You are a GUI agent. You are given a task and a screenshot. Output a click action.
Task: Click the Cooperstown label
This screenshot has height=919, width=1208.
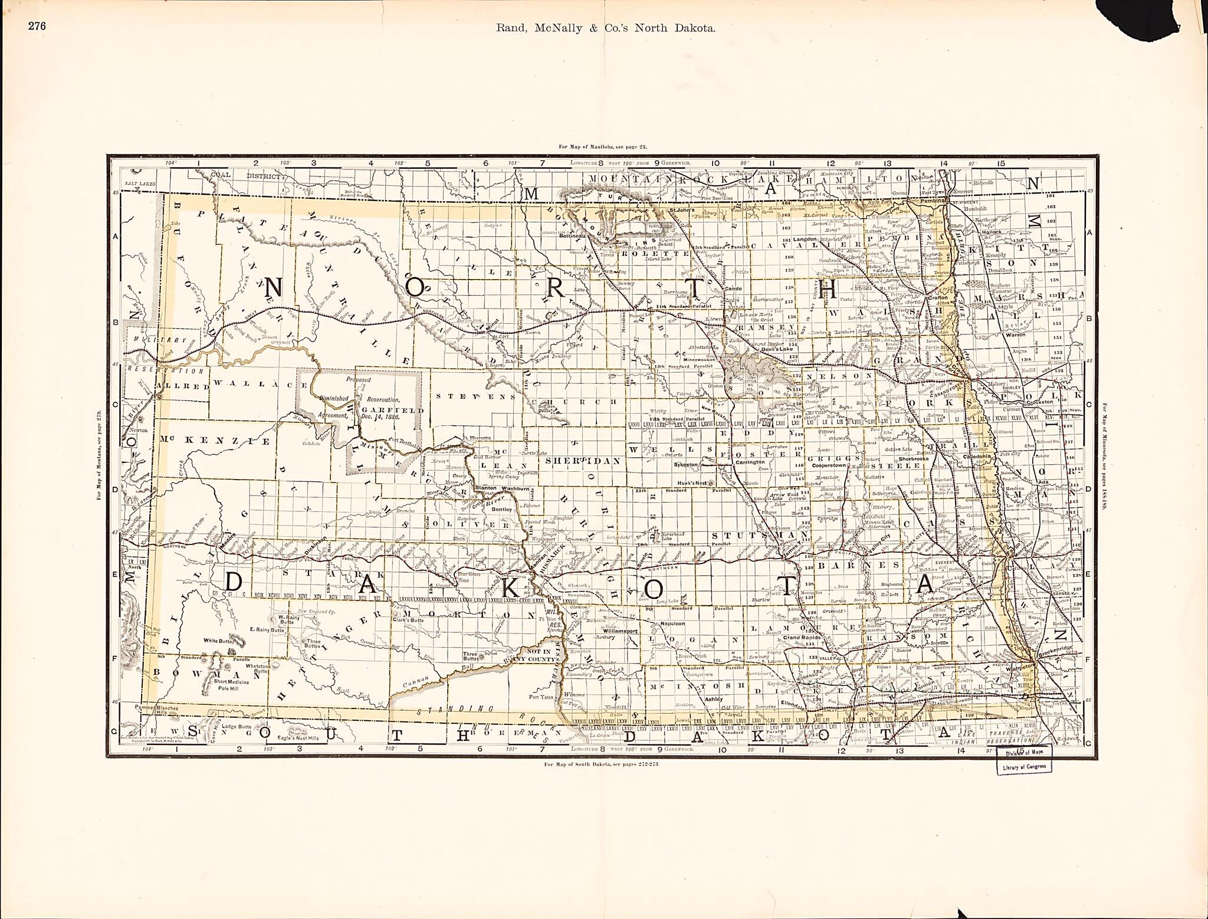point(832,465)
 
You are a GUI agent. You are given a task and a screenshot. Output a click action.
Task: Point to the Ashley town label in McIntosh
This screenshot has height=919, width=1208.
point(713,699)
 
